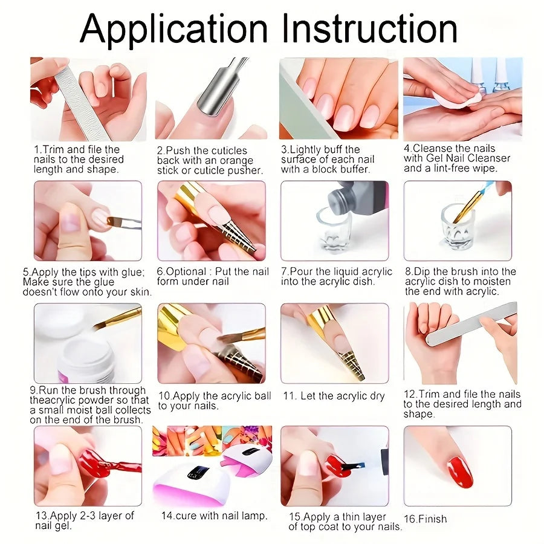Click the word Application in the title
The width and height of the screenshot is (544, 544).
coord(173,28)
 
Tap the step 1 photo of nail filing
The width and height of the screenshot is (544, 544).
coord(88,99)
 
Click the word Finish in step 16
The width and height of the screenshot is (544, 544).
coord(433,519)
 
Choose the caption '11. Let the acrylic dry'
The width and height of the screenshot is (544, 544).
coord(334,396)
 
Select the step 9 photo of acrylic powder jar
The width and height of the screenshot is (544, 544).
coord(88,343)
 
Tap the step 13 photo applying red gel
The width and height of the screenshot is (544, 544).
coord(88,465)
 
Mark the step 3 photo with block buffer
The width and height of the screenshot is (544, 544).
coord(338,99)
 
